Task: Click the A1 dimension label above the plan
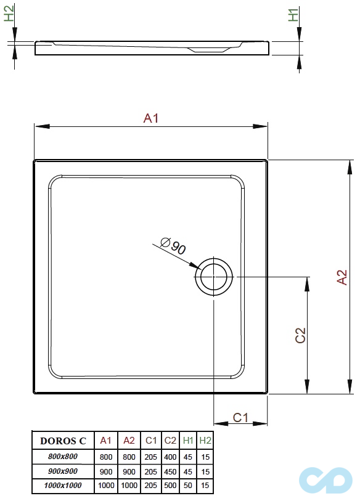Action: (x=151, y=118)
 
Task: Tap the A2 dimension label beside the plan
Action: (x=342, y=277)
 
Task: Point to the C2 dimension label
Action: (x=301, y=335)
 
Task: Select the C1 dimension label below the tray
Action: (x=240, y=417)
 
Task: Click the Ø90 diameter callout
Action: (x=173, y=246)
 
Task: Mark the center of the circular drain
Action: (x=214, y=277)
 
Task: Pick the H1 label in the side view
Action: (x=293, y=15)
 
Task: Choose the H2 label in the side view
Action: (x=9, y=14)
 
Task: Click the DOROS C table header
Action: (x=63, y=441)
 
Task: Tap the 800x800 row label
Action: (x=63, y=456)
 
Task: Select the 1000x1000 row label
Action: (x=63, y=486)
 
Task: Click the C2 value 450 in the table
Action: (x=170, y=471)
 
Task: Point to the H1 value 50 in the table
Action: (x=187, y=486)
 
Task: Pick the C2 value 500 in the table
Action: (x=170, y=486)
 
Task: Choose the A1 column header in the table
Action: (x=105, y=441)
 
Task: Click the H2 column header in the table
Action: (x=205, y=441)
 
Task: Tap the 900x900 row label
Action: (x=63, y=471)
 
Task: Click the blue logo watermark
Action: (x=325, y=480)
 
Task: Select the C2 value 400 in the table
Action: (x=170, y=457)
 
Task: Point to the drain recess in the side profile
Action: (x=208, y=50)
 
